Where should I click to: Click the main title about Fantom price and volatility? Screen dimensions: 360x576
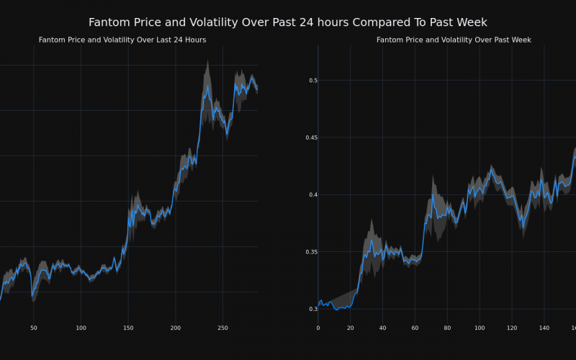coord(288,22)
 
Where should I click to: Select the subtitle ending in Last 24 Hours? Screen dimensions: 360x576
coord(122,40)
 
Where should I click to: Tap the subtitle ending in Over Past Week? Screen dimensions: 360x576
coord(454,40)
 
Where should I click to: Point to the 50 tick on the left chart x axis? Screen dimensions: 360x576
coord(34,328)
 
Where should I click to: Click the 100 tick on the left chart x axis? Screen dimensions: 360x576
coord(81,328)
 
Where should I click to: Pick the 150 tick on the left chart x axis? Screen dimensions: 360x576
coord(128,328)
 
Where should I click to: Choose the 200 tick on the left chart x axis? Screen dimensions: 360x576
coord(176,328)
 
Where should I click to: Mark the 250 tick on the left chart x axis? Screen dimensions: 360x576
coord(222,328)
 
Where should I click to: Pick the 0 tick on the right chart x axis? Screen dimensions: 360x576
coord(318,328)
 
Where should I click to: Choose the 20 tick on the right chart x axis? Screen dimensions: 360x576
coord(351,328)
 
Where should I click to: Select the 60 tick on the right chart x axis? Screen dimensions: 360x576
coord(415,328)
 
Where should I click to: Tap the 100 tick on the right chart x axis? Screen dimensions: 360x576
coord(480,328)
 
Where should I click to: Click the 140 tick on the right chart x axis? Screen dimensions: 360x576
coord(544,328)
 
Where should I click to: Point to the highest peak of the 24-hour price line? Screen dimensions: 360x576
coord(207,86)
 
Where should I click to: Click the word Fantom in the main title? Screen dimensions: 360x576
coord(110,22)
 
